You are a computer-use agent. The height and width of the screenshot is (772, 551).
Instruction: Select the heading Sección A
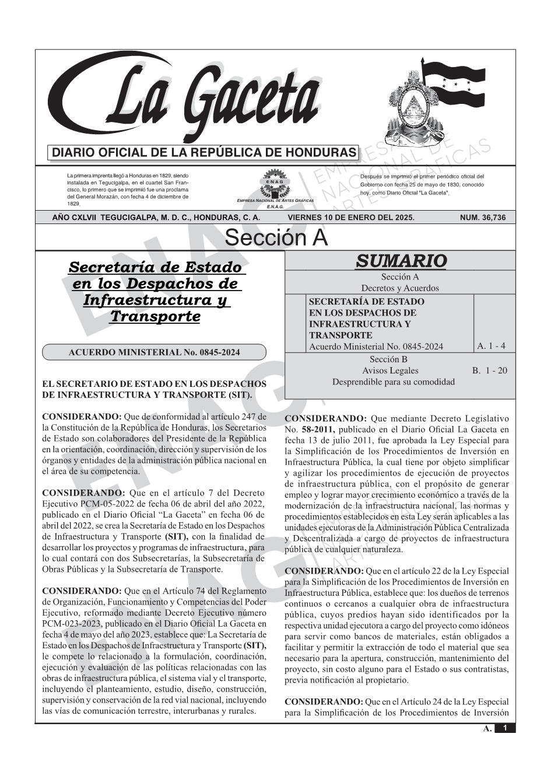pos(276,238)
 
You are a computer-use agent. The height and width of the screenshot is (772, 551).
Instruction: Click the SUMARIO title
pos(401,261)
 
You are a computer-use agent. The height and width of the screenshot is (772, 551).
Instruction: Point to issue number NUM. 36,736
pos(483,218)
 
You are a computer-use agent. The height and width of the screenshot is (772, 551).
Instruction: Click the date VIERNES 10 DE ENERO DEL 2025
pos(351,218)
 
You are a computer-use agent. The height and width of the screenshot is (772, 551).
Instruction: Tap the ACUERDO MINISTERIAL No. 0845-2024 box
pos(154,352)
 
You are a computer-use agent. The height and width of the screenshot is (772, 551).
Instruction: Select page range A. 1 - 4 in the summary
pos(491,346)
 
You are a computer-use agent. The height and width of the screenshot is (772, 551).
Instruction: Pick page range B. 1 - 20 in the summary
pos(490,371)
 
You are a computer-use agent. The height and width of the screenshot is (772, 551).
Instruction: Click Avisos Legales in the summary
pos(390,371)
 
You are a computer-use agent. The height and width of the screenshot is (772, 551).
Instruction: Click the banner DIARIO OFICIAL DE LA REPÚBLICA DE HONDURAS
pos(204,153)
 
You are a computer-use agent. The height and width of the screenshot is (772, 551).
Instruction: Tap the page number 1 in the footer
pos(505,728)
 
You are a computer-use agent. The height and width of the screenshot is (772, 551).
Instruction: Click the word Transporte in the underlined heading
pos(155,316)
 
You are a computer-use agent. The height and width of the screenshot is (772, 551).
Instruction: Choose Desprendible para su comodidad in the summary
pos(394,382)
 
